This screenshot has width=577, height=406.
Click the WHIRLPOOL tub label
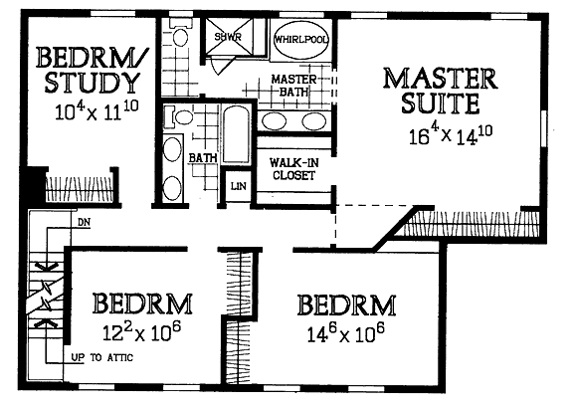[301, 40]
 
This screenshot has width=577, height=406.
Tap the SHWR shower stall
[229, 37]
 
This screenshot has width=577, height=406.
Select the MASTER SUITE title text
[441, 91]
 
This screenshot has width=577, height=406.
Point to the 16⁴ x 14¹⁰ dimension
[451, 135]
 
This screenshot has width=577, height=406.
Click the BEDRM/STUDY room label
[93, 70]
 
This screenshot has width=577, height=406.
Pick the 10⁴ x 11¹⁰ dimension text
[96, 110]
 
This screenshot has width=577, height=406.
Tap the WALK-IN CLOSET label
[294, 169]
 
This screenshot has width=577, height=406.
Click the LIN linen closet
[238, 186]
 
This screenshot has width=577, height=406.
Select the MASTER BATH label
[293, 86]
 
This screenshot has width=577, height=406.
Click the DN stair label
[85, 223]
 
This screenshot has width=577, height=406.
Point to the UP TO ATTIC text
[101, 357]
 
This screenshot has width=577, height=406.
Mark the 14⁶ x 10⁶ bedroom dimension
[345, 332]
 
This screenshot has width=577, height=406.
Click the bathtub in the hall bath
[236, 134]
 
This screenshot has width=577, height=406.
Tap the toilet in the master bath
[180, 34]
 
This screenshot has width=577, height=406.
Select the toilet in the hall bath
[179, 117]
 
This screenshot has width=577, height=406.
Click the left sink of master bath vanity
[275, 121]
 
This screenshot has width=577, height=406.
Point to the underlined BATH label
[203, 158]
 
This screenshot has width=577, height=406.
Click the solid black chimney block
[36, 184]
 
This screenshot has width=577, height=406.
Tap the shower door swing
[218, 66]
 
